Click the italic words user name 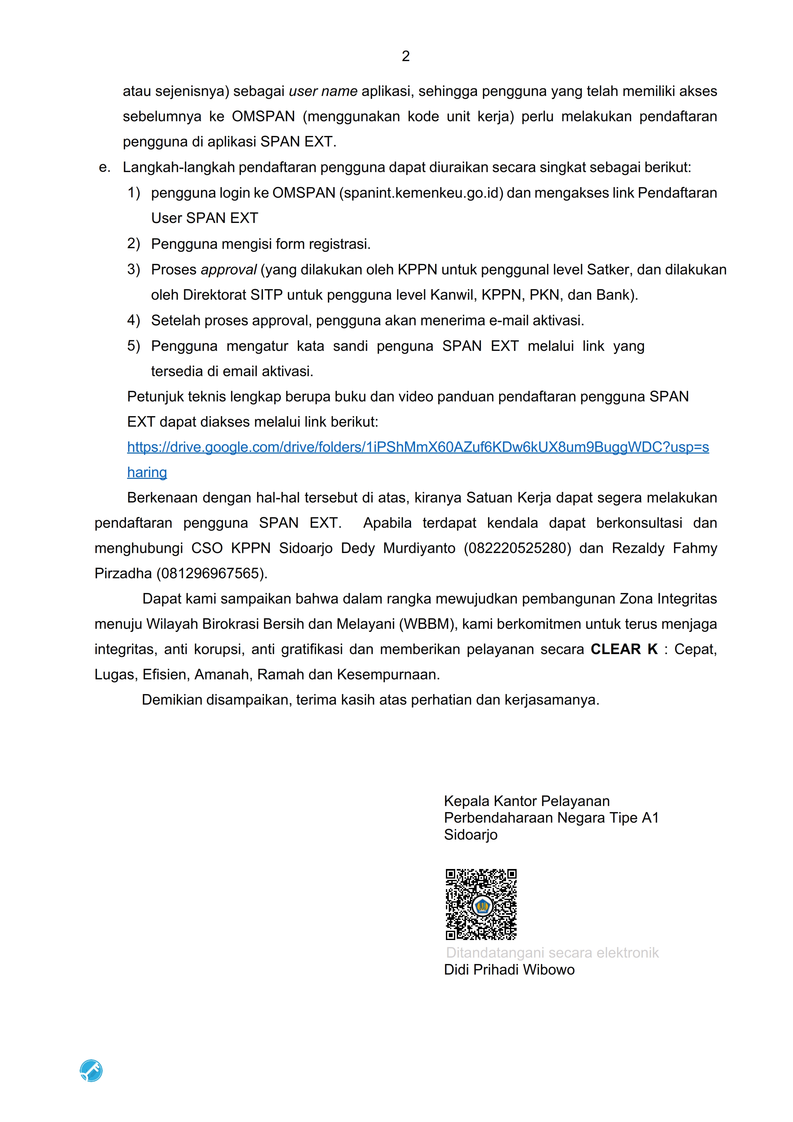click(323, 91)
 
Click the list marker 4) click(133, 320)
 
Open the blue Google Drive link click(418, 447)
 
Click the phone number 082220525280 click(517, 548)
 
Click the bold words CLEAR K click(624, 650)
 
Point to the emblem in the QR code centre click(482, 906)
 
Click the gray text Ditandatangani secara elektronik click(552, 953)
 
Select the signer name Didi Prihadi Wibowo click(509, 969)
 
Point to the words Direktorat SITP click(233, 295)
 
